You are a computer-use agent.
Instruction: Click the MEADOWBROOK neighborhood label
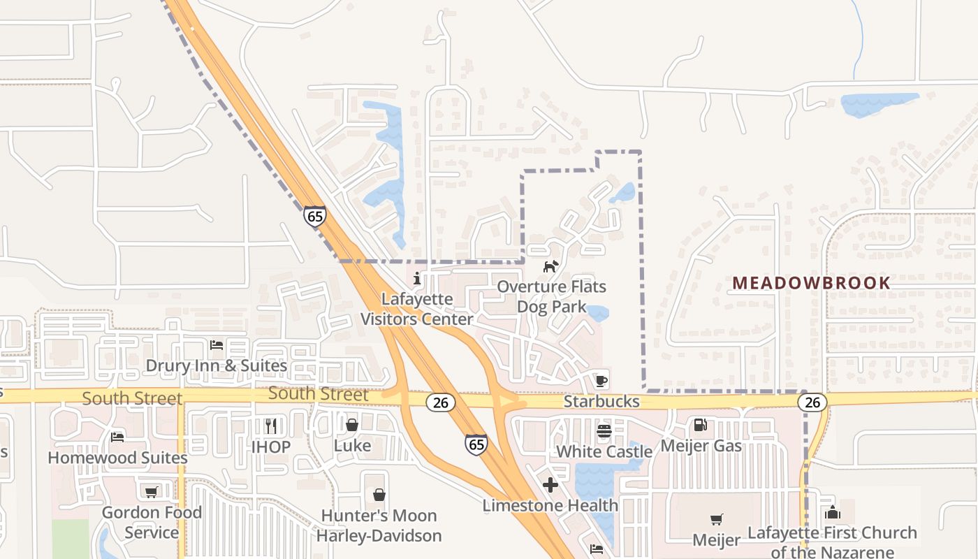811,283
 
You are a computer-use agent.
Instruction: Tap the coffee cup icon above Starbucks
601,381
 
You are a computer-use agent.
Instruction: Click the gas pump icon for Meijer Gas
700,425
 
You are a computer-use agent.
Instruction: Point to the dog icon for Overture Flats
551,266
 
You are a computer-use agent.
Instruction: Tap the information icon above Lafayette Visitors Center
417,279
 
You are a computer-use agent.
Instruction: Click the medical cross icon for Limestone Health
550,484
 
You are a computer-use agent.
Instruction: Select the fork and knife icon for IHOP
271,426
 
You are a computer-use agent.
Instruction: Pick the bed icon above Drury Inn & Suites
217,345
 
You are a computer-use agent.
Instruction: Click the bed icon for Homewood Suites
117,437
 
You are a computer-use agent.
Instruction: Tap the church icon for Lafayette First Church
832,512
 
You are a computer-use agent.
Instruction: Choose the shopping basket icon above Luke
352,425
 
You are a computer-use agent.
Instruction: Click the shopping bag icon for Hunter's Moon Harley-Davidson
379,495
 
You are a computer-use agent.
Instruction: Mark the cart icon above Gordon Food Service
151,492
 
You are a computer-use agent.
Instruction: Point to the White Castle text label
604,451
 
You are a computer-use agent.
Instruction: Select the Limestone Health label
550,505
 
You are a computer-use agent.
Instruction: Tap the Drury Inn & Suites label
217,365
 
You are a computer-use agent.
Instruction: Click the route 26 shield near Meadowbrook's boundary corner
812,402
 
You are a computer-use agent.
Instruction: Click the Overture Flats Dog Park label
551,296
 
